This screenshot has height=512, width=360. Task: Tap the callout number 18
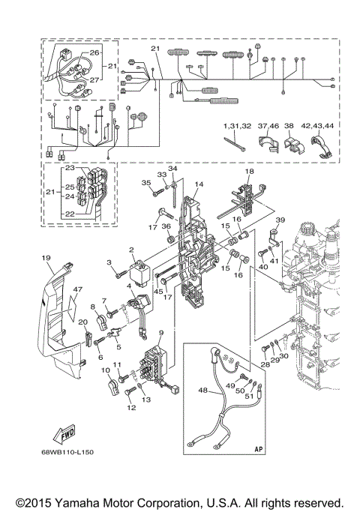[250, 172]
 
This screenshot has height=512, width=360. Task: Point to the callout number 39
[280, 219]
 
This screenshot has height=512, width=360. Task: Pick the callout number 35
[146, 182]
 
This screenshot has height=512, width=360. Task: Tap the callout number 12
[132, 408]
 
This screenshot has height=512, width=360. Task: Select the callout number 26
[94, 52]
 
